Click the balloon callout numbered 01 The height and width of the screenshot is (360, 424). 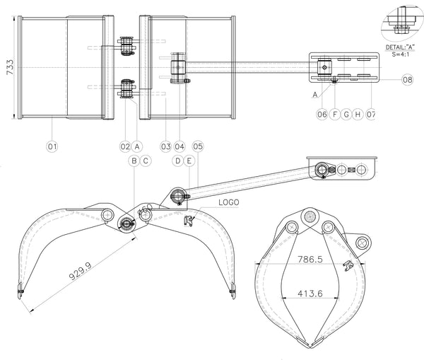[x=52, y=146]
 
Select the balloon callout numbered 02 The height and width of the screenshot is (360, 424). [x=126, y=146]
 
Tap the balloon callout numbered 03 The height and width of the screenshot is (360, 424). [x=166, y=146]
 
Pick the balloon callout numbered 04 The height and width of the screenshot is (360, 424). [x=179, y=146]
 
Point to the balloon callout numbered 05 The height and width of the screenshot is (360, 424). [x=198, y=146]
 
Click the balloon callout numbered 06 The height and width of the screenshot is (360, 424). [x=322, y=115]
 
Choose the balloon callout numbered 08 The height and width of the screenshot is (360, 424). [x=407, y=80]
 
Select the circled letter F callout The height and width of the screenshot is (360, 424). [x=335, y=115]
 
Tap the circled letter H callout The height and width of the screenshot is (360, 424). [x=358, y=115]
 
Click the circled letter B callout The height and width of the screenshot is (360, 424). [x=134, y=161]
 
